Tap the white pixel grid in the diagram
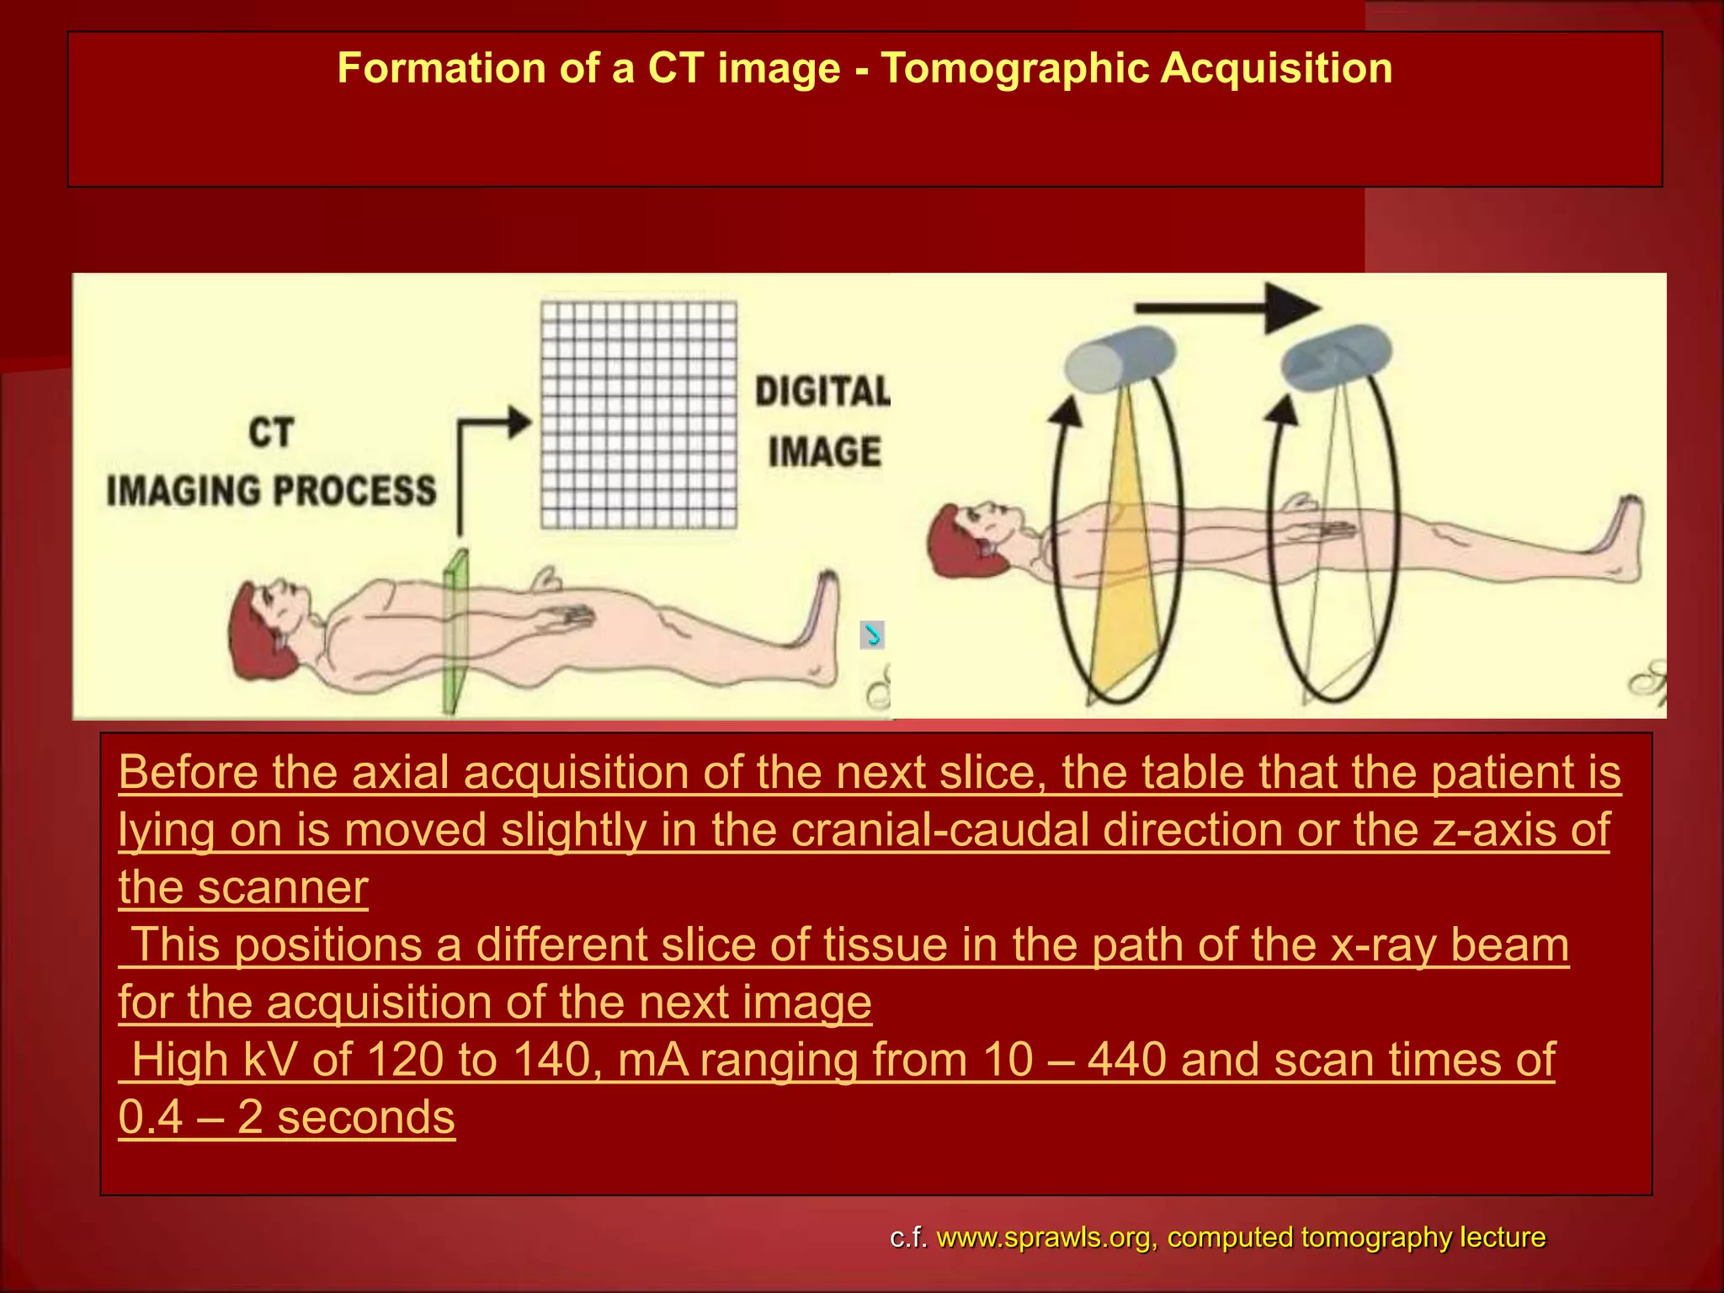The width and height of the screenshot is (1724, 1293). tap(639, 415)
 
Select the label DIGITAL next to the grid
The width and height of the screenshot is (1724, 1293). tap(822, 391)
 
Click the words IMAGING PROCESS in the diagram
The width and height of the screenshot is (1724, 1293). tap(271, 491)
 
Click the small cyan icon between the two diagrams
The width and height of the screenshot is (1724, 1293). tap(872, 635)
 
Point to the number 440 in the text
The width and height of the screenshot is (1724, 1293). tap(1126, 1059)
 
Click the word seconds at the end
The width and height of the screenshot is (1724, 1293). tap(366, 1117)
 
